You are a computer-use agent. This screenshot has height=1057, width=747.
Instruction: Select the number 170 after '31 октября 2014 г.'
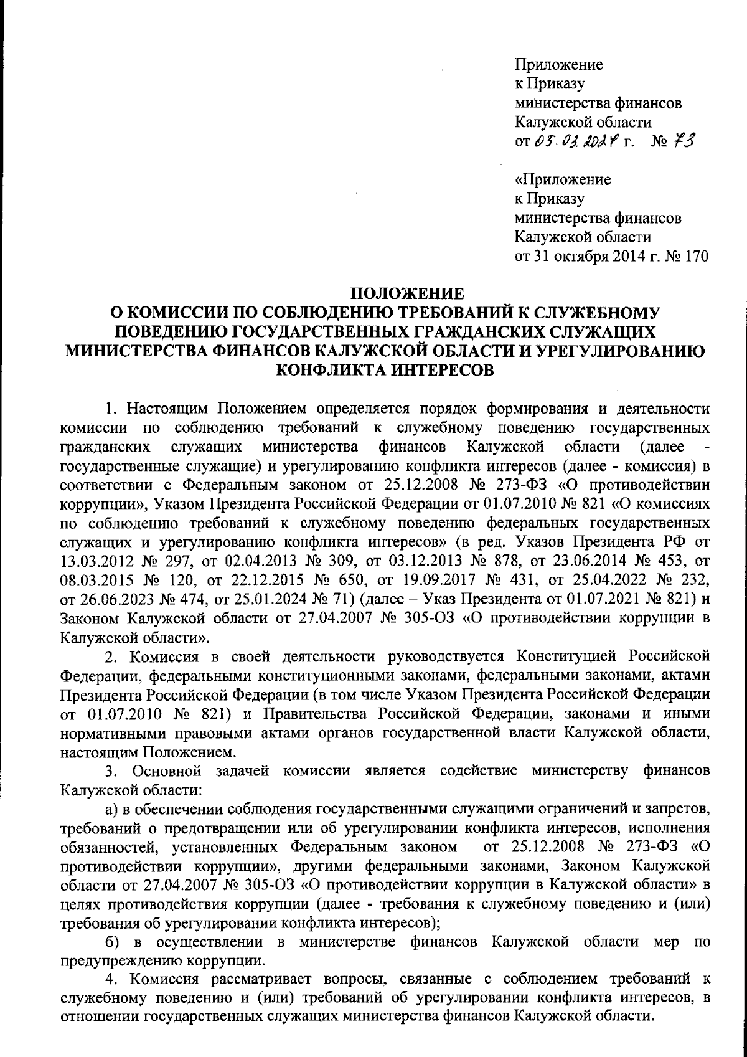coord(696,257)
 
